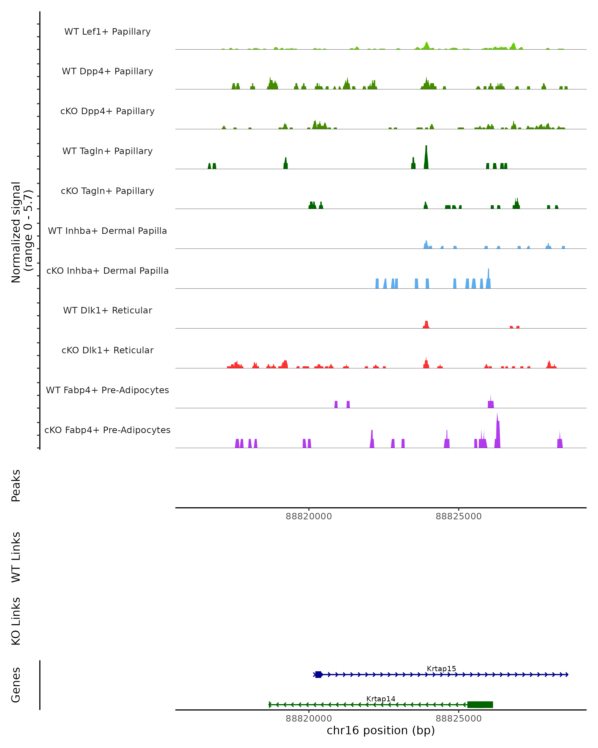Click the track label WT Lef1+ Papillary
[x=107, y=32]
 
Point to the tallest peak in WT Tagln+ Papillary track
[x=426, y=153]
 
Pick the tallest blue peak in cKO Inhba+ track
[x=488, y=276]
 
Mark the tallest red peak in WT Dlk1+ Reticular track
[x=426, y=323]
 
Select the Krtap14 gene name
[x=381, y=699]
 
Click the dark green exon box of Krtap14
[x=480, y=705]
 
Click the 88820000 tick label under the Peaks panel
[x=308, y=516]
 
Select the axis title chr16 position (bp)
[x=381, y=731]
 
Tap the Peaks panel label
[x=16, y=485]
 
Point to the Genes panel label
[x=16, y=685]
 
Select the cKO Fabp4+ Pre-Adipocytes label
[x=107, y=430]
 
